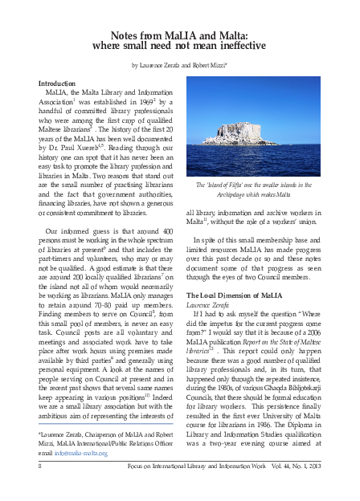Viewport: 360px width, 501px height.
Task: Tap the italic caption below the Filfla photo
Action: pos(264,189)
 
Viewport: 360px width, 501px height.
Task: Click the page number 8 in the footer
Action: pos(40,487)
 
